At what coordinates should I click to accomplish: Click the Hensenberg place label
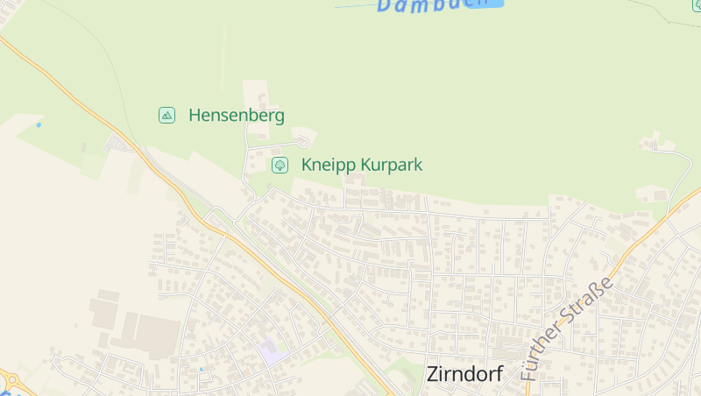click(236, 115)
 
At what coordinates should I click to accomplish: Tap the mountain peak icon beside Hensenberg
click(166, 115)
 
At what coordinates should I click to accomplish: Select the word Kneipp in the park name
click(328, 164)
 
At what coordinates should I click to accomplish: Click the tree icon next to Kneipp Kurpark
click(280, 164)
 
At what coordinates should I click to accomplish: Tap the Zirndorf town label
click(464, 373)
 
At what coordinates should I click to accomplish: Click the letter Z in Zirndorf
click(433, 373)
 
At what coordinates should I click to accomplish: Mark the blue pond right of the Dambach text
click(496, 4)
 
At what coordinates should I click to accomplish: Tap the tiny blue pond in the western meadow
click(39, 124)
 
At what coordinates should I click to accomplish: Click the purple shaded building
click(273, 352)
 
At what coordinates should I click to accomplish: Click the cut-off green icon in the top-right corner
click(697, 4)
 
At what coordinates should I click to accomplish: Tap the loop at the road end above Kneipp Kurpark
click(302, 140)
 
